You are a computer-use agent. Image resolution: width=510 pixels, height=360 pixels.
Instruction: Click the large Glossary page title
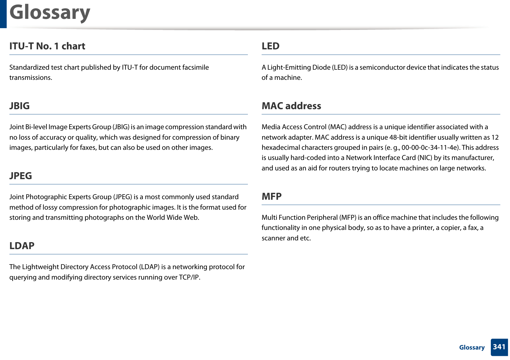50,13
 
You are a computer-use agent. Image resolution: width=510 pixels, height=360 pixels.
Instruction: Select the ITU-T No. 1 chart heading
47,46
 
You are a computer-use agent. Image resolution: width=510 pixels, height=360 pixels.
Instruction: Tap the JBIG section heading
19,106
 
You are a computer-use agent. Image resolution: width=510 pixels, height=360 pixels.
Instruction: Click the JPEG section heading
21,176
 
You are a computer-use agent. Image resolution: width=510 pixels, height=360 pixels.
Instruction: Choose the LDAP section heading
22,246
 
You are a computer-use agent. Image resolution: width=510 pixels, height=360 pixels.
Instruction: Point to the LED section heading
270,46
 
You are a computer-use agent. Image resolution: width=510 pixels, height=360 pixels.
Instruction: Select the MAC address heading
291,106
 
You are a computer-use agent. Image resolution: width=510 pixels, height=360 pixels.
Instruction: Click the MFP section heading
271,196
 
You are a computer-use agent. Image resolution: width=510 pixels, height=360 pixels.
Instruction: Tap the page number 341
499,347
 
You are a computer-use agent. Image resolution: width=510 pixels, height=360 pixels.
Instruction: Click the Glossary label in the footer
472,348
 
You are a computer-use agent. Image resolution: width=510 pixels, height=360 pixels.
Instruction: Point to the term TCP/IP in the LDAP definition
189,277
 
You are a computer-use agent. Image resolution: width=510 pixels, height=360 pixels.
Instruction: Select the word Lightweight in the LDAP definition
40,267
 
